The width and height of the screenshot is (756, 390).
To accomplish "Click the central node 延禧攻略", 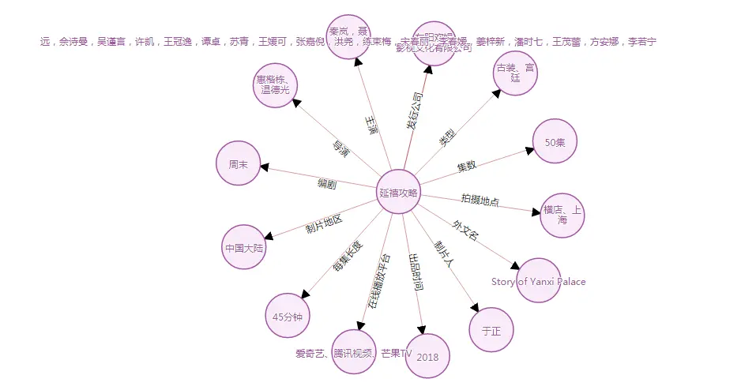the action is point(397,192).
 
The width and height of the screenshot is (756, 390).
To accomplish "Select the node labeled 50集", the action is point(555,141).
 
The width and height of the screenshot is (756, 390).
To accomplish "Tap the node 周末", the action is point(238,164).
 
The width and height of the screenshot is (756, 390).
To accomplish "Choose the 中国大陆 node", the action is point(244,247).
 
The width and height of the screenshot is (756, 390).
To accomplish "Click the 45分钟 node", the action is point(287,315).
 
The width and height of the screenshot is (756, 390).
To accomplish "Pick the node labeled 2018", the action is point(427,356).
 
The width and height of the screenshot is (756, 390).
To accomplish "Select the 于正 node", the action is point(491,330).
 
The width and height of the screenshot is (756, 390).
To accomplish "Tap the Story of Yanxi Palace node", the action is point(538,280).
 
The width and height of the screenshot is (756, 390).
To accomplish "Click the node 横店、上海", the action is point(562,215).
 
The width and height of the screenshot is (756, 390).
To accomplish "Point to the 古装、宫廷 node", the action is point(515,73).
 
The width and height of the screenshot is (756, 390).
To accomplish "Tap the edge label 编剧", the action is point(327,184).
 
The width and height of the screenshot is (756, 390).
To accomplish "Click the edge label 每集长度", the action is point(348,257).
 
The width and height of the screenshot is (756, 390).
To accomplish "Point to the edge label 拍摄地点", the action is point(480,200).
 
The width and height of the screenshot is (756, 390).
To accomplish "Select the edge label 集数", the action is point(467,167).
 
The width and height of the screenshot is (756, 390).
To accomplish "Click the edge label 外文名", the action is point(465,231).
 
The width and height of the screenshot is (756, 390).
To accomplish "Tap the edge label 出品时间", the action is point(414,272).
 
